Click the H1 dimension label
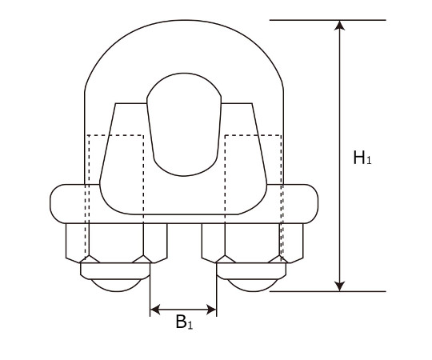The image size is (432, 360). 362,158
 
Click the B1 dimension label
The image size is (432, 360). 184,322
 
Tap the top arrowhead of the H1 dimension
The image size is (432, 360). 340,25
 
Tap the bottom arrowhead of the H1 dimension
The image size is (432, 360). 340,286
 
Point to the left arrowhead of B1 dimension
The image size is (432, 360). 155,310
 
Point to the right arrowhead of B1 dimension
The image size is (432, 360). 211,310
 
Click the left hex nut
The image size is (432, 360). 117,243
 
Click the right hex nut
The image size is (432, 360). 252,243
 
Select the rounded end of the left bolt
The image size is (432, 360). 116,286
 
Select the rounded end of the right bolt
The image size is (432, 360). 252,286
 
